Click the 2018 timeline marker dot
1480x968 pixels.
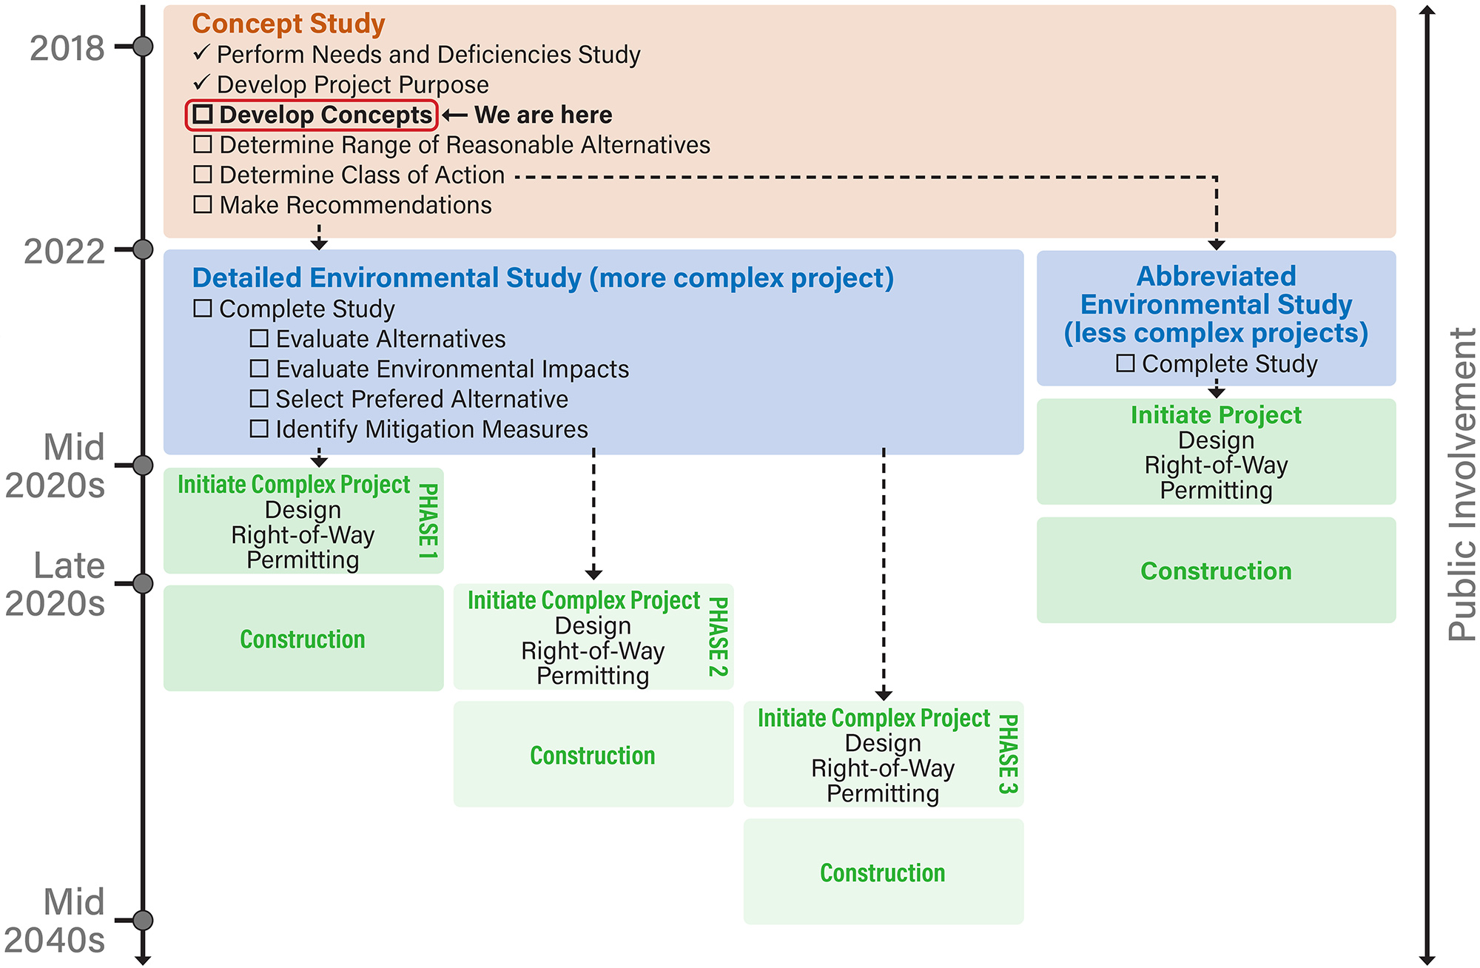143,47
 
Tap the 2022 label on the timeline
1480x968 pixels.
64,252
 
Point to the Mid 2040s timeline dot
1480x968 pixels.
143,921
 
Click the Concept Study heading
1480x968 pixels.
288,24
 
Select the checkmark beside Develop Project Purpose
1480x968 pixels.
201,84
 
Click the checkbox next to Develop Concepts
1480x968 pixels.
203,115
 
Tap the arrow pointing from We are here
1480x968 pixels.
454,115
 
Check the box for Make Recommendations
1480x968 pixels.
203,205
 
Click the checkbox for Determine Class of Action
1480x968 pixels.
203,175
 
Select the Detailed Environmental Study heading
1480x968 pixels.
542,278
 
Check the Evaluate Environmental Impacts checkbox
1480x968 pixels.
259,369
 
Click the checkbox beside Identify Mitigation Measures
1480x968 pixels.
259,429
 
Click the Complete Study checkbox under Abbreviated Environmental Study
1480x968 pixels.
1126,363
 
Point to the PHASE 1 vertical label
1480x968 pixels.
428,521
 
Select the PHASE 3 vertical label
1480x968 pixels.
1009,753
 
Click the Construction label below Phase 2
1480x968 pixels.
593,756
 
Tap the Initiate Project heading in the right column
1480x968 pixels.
1216,415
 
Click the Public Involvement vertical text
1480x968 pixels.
1461,485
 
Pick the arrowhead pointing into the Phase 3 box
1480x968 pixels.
884,695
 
